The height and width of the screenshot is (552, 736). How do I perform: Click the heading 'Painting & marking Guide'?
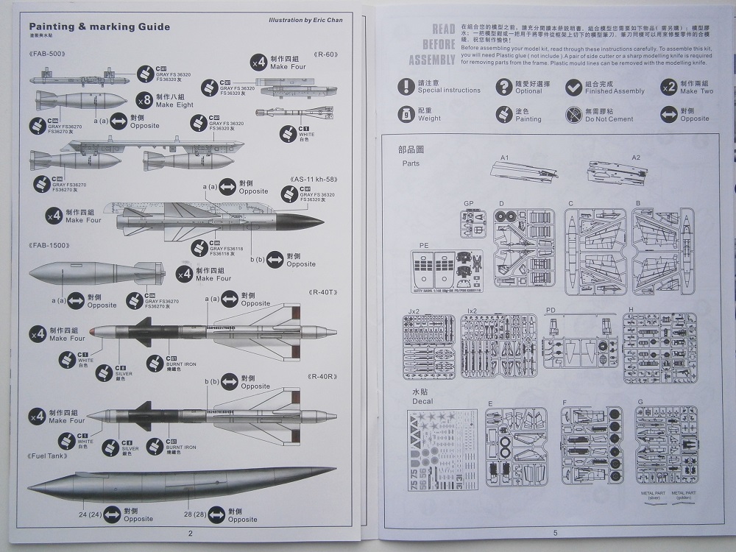(x=99, y=27)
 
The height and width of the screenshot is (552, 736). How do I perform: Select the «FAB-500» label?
(x=48, y=55)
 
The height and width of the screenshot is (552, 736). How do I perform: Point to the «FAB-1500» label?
(x=49, y=244)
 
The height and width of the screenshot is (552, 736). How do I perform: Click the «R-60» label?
(x=324, y=55)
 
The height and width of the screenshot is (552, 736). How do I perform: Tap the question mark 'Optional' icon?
(x=503, y=86)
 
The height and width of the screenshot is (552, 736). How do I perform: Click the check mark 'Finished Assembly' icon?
(x=574, y=86)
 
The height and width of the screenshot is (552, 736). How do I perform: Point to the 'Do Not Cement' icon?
(x=574, y=114)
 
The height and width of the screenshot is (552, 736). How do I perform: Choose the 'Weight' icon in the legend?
(x=406, y=114)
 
